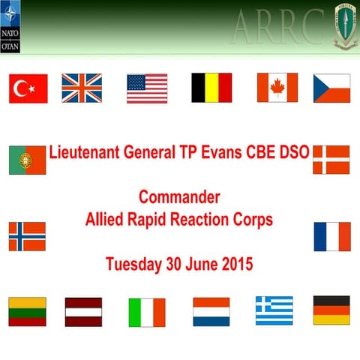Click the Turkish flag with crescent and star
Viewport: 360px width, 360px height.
[x=28, y=88]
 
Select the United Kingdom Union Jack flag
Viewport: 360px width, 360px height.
[x=82, y=88]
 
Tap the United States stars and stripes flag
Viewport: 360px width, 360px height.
[x=147, y=88]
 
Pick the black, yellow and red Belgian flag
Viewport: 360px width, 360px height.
[x=211, y=88]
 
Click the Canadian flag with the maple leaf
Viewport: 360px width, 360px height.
[x=277, y=88]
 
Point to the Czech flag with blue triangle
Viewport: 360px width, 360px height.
[x=331, y=88]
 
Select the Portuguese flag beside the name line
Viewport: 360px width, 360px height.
[x=27, y=160]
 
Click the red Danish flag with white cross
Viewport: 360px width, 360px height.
[x=331, y=160]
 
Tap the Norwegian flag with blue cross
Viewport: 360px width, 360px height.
[x=27, y=236]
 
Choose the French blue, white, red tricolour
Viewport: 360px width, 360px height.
[x=332, y=236]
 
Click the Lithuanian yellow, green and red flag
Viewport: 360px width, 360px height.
[x=27, y=311]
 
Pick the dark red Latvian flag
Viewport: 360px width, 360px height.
[x=83, y=311]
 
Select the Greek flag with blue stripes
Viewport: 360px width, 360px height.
[x=274, y=310]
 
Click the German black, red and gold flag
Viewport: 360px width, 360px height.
[x=331, y=310]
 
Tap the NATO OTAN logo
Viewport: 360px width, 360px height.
[x=11, y=26]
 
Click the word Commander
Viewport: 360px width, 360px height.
[x=179, y=197]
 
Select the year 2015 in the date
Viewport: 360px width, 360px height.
[x=235, y=264]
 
